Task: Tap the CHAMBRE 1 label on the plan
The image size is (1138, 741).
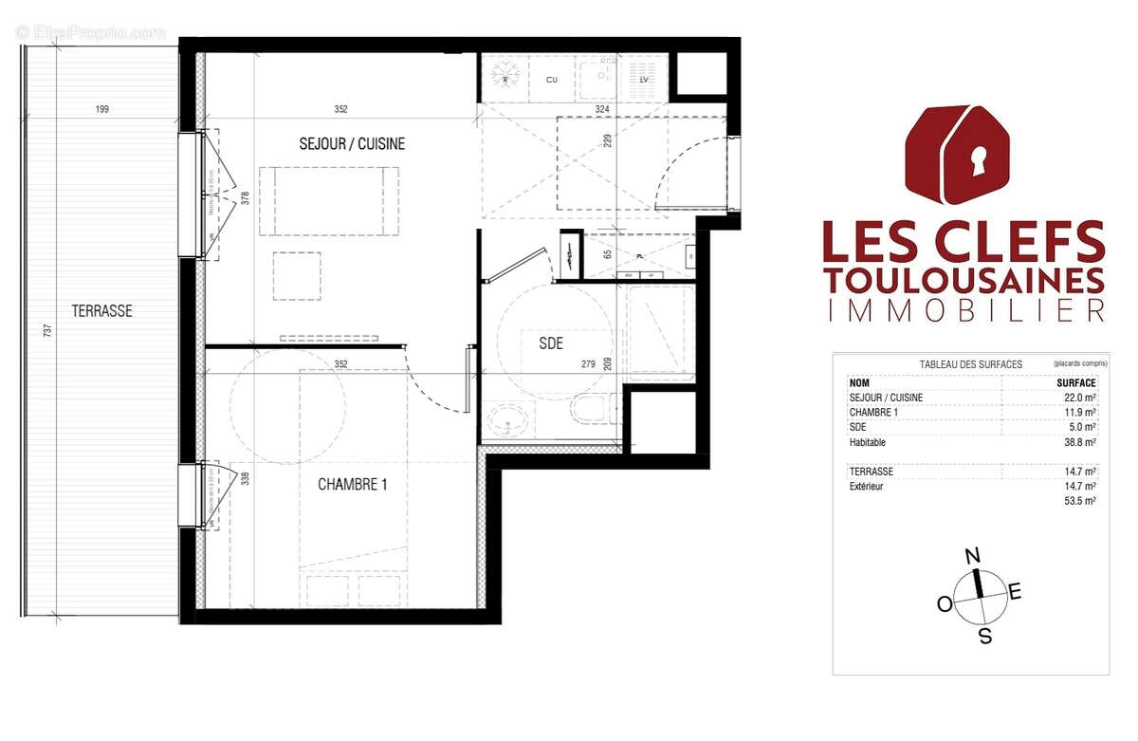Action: click(352, 485)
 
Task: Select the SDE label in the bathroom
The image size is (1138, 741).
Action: click(551, 344)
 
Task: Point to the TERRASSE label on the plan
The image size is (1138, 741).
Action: click(101, 310)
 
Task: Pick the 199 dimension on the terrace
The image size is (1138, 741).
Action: click(102, 109)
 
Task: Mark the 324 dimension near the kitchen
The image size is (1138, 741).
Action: click(601, 109)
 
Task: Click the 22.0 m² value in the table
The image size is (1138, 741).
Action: click(1080, 397)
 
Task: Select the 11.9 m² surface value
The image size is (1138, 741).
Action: click(1080, 412)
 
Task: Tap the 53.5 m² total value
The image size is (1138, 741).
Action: click(1080, 500)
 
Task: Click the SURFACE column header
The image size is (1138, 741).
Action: click(1076, 382)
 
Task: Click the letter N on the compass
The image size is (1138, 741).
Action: click(971, 556)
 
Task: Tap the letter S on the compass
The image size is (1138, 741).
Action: click(985, 637)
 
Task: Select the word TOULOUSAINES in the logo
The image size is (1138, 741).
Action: click(964, 281)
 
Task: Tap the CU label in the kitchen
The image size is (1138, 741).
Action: click(552, 81)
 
